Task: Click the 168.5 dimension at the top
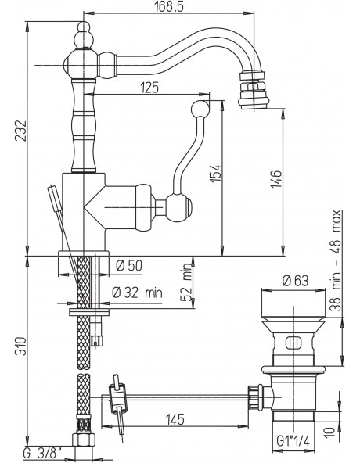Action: click(169, 6)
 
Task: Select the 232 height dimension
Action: click(21, 131)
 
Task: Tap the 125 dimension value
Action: click(149, 88)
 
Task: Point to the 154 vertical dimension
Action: click(216, 173)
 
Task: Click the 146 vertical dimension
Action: click(277, 178)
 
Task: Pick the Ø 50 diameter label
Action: click(129, 265)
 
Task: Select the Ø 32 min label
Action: click(137, 293)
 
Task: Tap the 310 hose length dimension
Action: click(21, 346)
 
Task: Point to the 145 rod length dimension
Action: click(175, 419)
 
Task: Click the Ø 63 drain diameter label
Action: click(295, 281)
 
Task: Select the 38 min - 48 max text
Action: click(336, 260)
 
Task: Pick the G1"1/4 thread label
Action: click(293, 441)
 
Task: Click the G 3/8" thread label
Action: click(43, 452)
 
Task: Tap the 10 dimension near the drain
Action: click(332, 432)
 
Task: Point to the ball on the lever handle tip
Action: click(200, 109)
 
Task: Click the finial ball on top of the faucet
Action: click(84, 35)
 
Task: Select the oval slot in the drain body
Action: click(293, 343)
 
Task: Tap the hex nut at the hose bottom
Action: click(84, 439)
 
